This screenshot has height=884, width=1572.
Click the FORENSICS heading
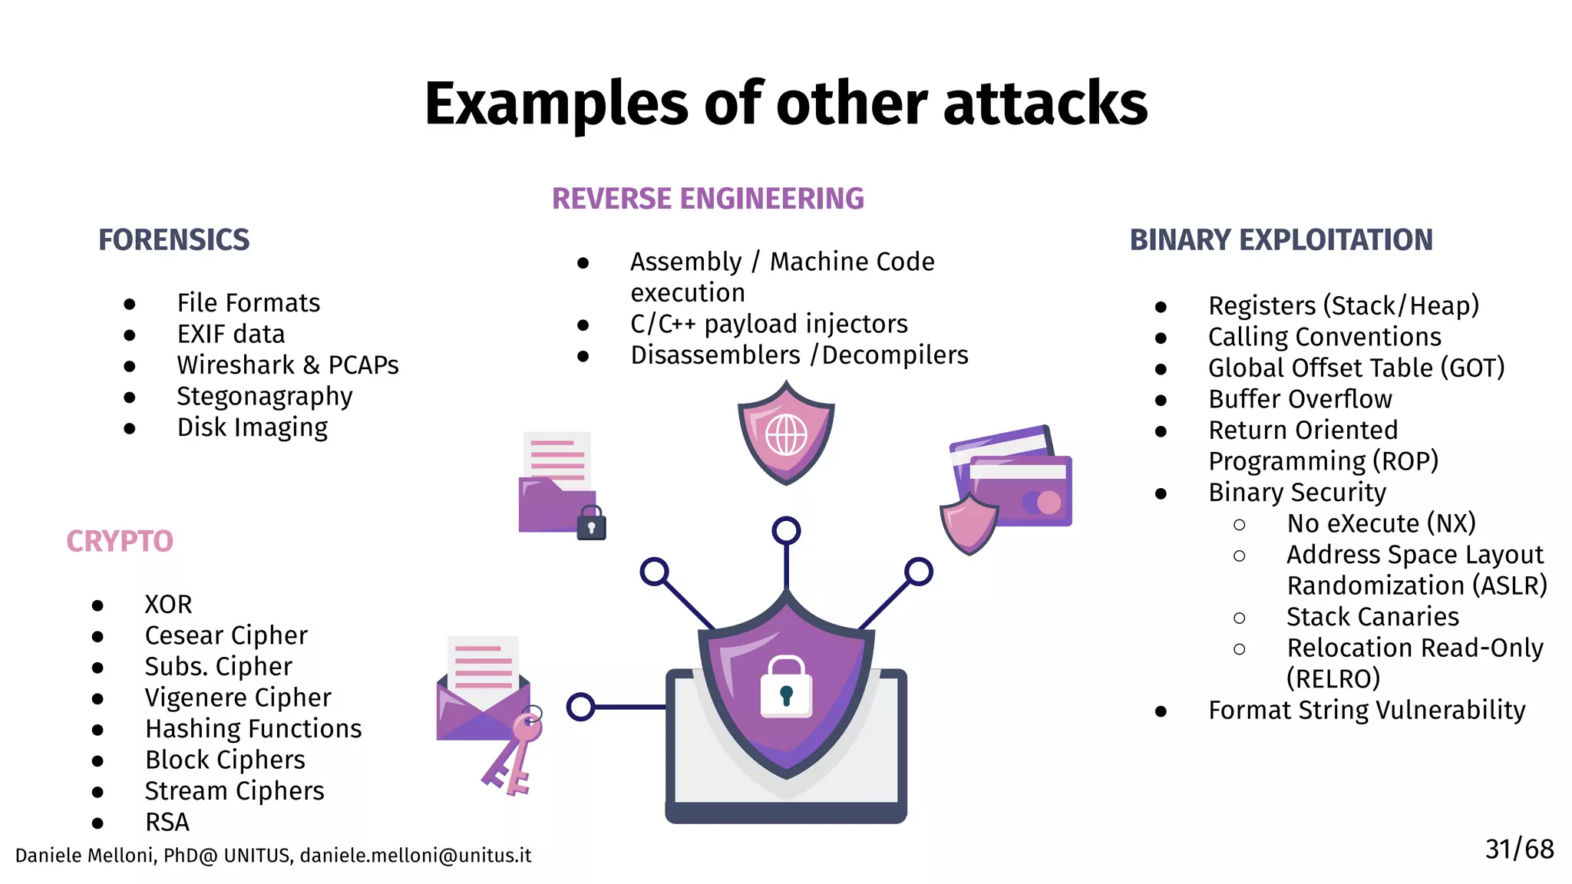[x=173, y=240]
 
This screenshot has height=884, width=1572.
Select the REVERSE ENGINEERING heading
[x=707, y=199]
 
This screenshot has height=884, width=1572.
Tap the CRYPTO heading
[x=120, y=542]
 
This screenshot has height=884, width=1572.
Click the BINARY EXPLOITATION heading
[x=1280, y=240]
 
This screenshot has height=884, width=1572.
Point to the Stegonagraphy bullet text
[x=264, y=397]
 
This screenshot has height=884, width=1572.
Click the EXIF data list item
[x=230, y=335]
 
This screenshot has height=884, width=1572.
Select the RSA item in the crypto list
[x=167, y=822]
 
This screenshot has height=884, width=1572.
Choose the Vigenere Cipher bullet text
[x=237, y=698]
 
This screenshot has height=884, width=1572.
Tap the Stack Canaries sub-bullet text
[x=1372, y=617]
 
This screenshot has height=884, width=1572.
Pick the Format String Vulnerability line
[x=1366, y=711]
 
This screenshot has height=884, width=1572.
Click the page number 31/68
[x=1518, y=849]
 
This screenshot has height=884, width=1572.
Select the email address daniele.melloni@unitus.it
[x=415, y=856]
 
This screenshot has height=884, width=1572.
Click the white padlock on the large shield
[x=786, y=688]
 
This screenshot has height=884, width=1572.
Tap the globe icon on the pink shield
[x=786, y=435]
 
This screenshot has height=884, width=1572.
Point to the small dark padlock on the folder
[x=591, y=525]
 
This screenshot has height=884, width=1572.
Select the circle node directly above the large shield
[x=786, y=530]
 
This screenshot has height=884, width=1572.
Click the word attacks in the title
[x=1045, y=104]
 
